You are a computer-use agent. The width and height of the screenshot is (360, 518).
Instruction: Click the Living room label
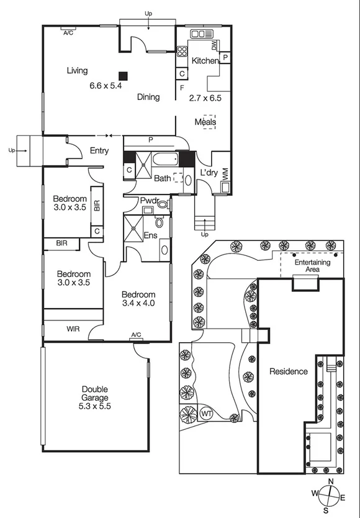pos(77,71)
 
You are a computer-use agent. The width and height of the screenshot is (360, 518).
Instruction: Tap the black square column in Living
pos(124,75)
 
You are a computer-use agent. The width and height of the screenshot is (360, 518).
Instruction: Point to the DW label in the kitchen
pos(214,45)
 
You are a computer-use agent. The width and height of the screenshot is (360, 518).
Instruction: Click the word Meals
pos(205,122)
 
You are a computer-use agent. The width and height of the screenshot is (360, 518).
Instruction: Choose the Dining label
pos(148,97)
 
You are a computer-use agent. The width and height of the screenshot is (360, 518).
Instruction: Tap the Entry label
pos(99,150)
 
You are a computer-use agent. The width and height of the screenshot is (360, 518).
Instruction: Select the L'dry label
pos(209,173)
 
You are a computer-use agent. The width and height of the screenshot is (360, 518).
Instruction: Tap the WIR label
pos(73,329)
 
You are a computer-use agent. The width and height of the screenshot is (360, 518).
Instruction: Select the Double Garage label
pos(94,393)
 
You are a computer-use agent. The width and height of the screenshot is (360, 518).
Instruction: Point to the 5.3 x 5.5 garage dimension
pos(94,406)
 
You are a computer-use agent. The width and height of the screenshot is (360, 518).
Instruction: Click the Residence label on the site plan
pos(288,371)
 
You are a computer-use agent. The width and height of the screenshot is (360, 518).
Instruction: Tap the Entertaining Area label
pos(312,266)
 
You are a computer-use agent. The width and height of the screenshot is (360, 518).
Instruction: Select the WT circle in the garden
pos(206,413)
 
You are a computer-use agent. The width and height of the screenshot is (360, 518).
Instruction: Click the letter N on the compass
pos(331,482)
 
